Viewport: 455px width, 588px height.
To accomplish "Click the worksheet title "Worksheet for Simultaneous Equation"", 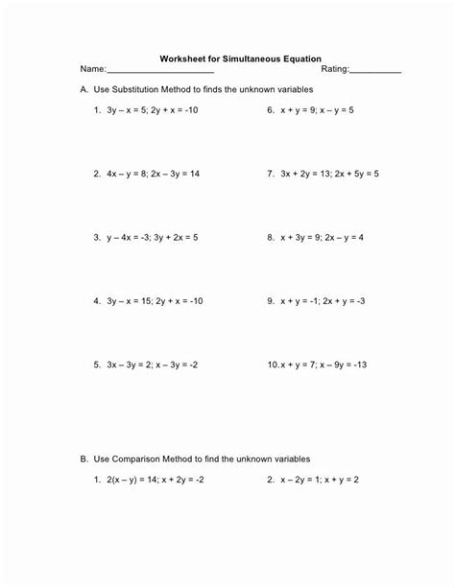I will pyautogui.click(x=240, y=58).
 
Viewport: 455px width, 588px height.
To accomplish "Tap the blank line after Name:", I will pyautogui.click(x=159, y=72).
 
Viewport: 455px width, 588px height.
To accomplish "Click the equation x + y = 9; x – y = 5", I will pyautogui.click(x=318, y=110).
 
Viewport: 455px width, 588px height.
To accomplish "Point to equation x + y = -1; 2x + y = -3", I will pyautogui.click(x=323, y=300).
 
